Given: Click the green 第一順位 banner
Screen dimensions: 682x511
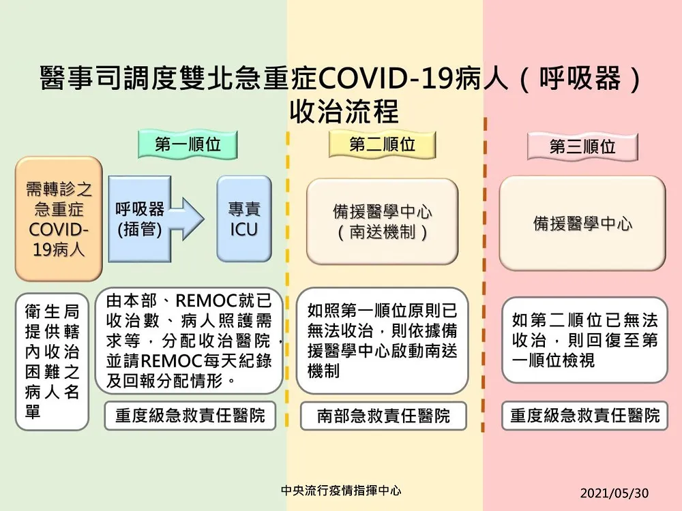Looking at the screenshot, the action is click(188, 144).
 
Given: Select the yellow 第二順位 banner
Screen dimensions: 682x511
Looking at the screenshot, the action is click(382, 144).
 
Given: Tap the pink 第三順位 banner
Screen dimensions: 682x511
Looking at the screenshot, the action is click(582, 146).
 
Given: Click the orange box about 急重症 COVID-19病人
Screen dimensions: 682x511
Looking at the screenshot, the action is click(59, 219).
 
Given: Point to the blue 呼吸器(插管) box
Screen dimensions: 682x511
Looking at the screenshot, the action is click(139, 219).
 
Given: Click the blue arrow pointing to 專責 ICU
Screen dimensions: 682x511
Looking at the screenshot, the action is click(187, 219).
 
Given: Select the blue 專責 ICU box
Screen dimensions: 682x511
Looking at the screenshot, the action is click(244, 219).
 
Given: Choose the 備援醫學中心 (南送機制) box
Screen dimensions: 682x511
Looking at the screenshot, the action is click(383, 221).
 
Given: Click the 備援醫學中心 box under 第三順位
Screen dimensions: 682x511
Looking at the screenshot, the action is click(582, 223).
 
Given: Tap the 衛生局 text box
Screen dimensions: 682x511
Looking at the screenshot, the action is click(52, 362).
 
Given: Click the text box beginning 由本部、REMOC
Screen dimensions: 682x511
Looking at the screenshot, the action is click(189, 341).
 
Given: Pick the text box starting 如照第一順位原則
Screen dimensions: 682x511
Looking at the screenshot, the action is click(383, 341).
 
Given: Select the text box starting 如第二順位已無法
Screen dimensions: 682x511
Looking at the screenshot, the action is click(584, 340).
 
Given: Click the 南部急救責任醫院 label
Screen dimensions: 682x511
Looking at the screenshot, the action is click(383, 416).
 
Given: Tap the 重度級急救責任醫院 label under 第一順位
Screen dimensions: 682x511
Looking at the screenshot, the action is click(190, 416).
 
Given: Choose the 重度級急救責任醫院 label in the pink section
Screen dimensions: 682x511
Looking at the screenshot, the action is click(584, 416).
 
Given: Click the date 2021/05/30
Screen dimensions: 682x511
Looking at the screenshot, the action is click(614, 493).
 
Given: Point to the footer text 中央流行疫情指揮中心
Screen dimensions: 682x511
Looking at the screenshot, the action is click(341, 491).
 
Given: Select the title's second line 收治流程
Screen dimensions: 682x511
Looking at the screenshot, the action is click(344, 112).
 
